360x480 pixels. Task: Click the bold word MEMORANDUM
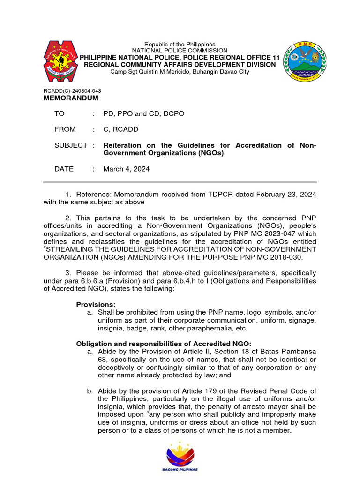coord(71,98)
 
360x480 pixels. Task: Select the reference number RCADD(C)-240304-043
coord(72,91)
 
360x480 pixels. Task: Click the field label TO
coord(60,114)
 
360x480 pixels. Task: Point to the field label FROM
coord(65,129)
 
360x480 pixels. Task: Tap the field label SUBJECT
coord(71,145)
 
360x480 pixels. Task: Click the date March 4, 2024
coord(127,169)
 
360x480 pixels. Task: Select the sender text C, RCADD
coord(120,129)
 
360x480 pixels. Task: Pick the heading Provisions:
coord(96,304)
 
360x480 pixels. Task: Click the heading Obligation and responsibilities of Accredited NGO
coord(164,343)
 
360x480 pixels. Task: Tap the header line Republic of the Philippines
coord(180,44)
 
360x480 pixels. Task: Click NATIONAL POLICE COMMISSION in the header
coord(180,51)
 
